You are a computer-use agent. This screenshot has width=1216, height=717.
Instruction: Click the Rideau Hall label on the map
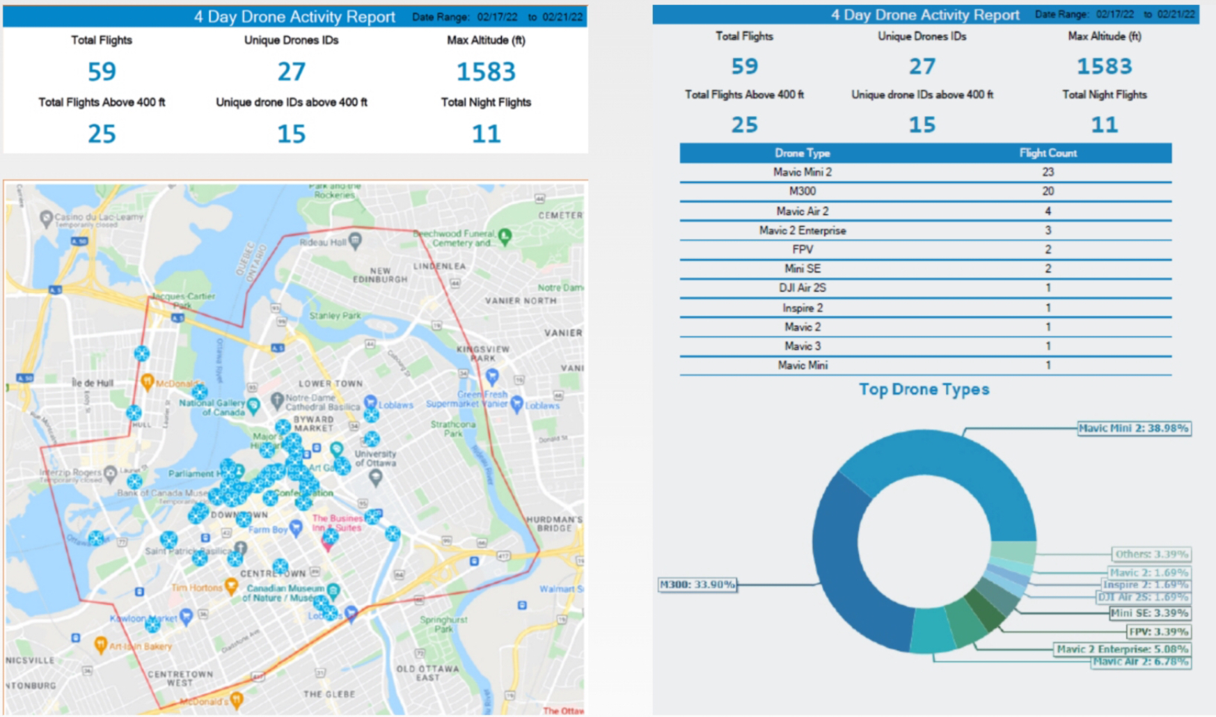point(322,242)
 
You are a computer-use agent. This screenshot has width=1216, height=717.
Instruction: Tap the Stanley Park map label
point(335,315)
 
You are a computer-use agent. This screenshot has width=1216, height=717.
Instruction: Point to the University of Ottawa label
point(375,458)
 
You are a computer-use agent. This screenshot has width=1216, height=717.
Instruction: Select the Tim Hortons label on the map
point(197,588)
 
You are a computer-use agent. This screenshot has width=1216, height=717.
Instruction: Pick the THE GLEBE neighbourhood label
point(329,694)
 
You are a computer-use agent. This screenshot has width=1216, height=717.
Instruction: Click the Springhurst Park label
point(443,624)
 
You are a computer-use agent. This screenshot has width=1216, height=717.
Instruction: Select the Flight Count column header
point(1048,153)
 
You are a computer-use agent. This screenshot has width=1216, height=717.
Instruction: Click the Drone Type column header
point(802,153)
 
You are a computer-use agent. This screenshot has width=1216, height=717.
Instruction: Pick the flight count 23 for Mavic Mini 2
point(1048,172)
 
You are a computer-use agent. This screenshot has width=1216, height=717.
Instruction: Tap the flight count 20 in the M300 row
point(1048,191)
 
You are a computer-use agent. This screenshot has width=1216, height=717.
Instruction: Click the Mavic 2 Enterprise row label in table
point(802,230)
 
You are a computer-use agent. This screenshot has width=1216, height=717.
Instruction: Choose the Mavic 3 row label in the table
point(802,346)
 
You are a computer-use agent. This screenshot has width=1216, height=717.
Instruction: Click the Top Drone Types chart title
point(924,389)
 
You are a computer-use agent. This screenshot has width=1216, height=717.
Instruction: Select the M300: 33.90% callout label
point(697,584)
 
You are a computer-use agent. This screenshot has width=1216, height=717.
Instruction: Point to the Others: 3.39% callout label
point(1151,554)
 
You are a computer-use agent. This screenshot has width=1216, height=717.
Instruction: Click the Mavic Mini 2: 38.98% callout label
point(1133,428)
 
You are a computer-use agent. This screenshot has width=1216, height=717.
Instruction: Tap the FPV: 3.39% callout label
point(1158,631)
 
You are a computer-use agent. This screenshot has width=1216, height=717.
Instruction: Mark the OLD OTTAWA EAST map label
point(427,672)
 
